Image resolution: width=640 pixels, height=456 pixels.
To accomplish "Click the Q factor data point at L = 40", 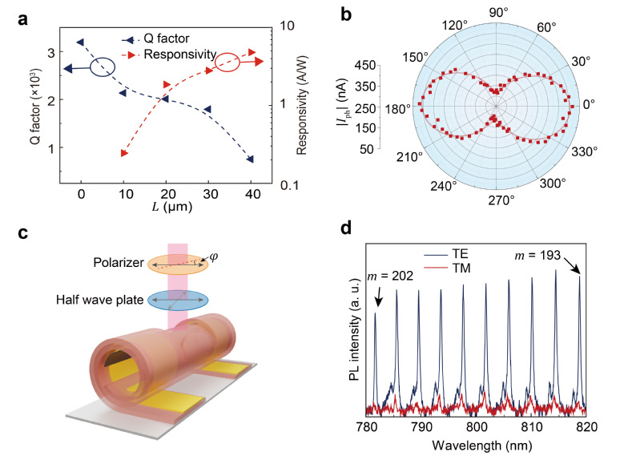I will tap(251, 159).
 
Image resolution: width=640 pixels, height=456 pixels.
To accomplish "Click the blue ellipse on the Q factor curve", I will tap(103, 67).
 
